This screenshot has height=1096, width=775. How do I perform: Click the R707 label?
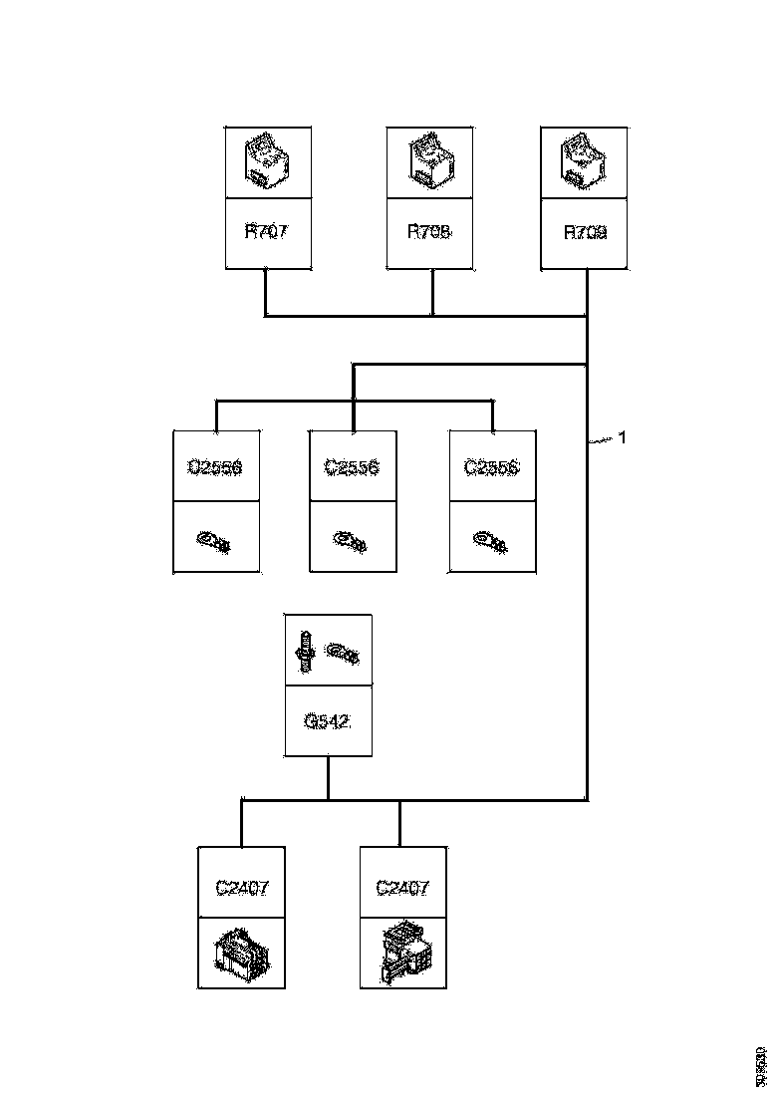coord(266,233)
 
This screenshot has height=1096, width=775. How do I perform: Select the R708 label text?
coord(429,233)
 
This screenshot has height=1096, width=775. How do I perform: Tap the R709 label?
coord(585,233)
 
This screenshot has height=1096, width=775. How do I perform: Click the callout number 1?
coord(623,436)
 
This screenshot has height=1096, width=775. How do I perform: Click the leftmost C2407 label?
coord(241,887)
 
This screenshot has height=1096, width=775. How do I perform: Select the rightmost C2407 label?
coord(401,887)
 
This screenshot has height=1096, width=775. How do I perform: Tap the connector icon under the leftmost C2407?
coord(241,954)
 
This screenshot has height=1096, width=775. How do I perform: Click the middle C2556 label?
coord(353,466)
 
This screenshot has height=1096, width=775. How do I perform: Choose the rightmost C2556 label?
coord(492,466)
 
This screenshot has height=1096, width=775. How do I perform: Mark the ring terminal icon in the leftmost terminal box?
coord(215,541)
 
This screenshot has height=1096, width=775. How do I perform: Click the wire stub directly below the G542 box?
coord(328,777)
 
